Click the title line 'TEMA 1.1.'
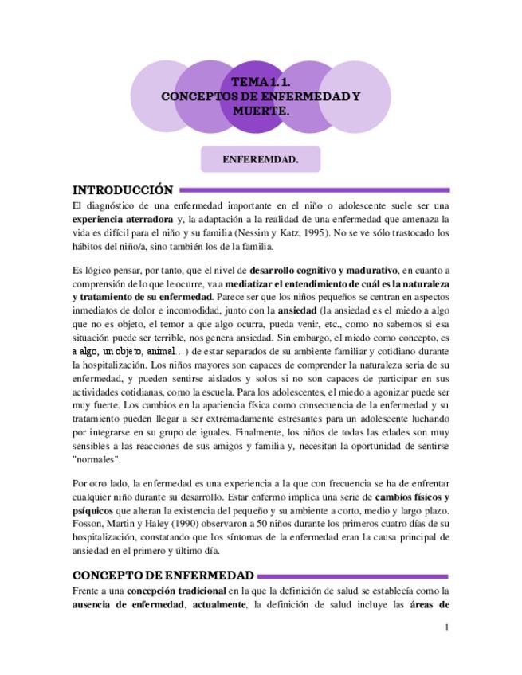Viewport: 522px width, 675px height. (261, 82)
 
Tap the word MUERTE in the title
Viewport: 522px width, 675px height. (261, 111)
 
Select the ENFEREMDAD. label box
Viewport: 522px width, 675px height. (261, 159)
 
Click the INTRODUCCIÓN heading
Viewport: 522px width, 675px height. (123, 190)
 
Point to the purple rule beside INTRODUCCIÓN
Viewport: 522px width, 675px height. (314, 190)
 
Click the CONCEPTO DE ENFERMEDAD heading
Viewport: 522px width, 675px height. (163, 576)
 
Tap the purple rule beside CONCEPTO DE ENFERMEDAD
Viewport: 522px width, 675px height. (354, 576)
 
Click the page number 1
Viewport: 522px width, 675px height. (447, 627)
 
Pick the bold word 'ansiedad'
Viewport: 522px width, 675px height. (296, 311)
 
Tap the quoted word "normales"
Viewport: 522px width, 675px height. (96, 460)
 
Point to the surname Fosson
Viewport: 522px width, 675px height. (88, 524)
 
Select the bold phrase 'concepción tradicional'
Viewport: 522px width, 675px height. (176, 591)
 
